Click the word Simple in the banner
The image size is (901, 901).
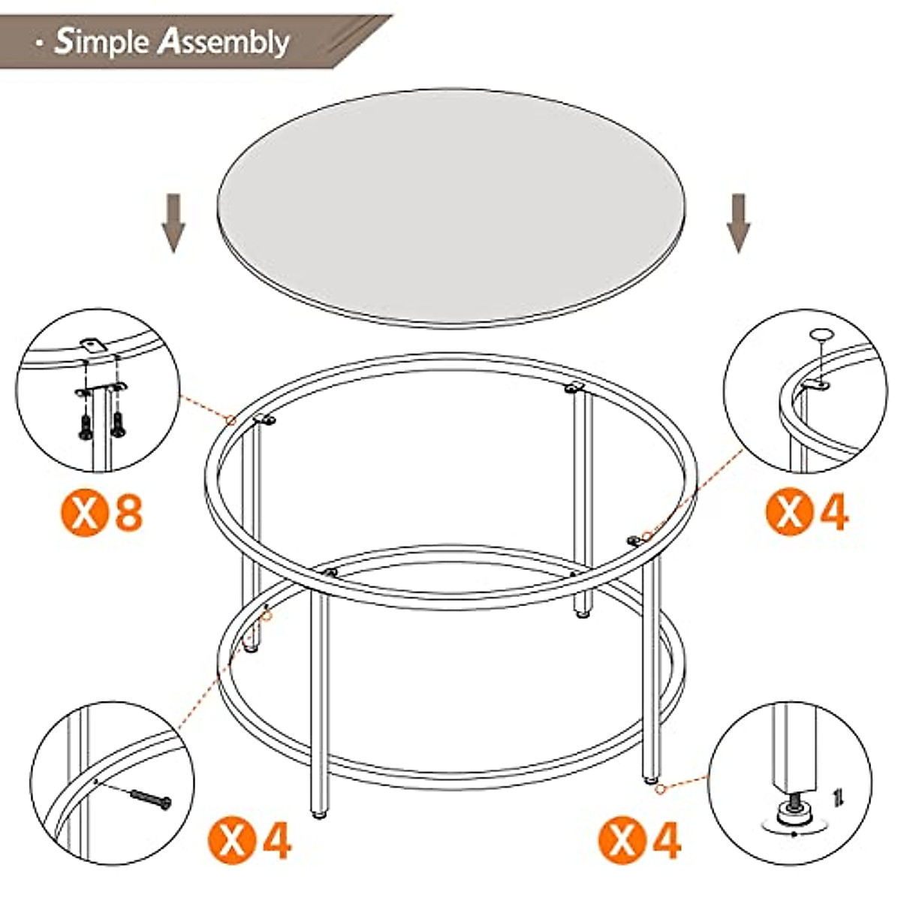(101, 43)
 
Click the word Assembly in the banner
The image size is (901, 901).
(224, 43)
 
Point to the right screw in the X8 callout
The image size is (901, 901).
(118, 425)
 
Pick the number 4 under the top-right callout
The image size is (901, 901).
(833, 513)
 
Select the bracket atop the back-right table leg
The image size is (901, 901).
(574, 387)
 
